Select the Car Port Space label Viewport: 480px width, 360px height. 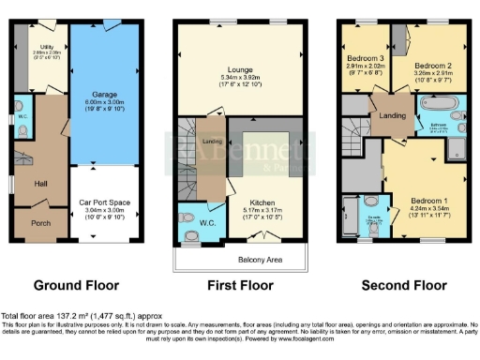click(x=104, y=202)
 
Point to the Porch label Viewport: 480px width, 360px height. click(x=41, y=222)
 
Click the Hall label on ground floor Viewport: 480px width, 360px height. click(x=40, y=184)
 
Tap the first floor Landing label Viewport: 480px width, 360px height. click(x=213, y=142)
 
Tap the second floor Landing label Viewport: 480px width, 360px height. click(x=389, y=114)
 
